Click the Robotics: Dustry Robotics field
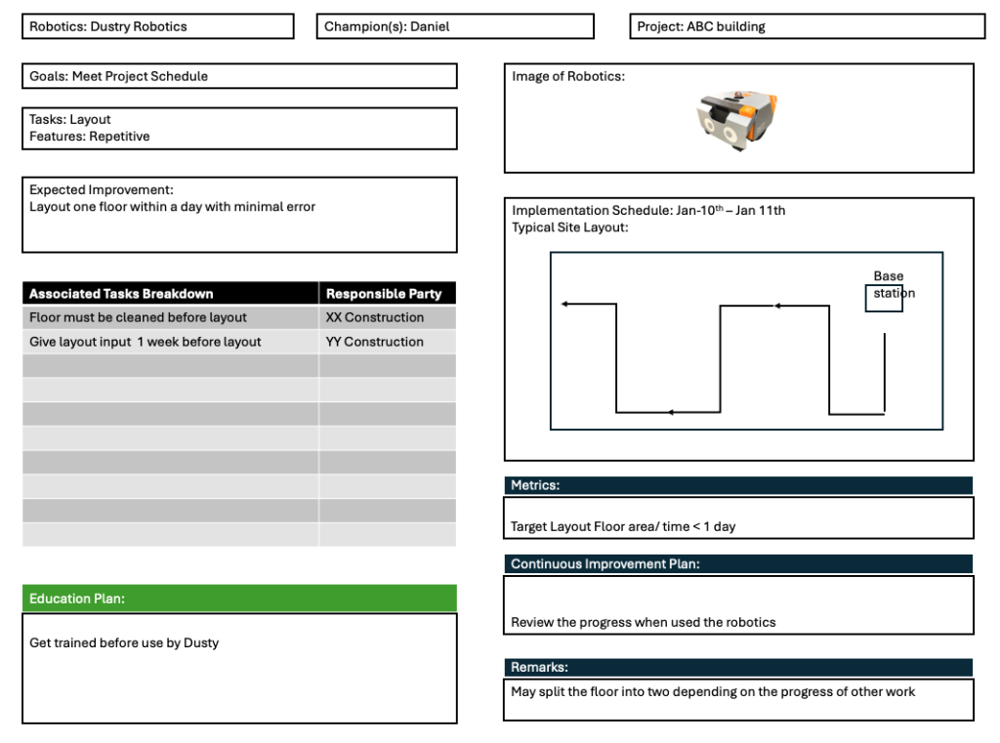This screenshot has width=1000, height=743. point(157,26)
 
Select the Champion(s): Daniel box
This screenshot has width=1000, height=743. point(455,26)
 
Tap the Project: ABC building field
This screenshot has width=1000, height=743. point(807,26)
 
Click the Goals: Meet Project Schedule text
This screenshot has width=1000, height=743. point(119,76)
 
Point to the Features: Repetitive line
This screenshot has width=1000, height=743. point(90,137)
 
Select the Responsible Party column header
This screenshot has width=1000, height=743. point(385,293)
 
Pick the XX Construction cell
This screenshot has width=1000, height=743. point(375,317)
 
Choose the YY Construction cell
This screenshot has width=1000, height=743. point(375,342)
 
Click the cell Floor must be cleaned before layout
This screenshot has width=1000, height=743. point(138,317)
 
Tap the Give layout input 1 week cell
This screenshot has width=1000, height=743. point(146,342)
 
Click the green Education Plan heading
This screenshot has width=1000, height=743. point(239,599)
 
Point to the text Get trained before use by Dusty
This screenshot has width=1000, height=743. point(124,642)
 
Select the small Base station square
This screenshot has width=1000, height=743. point(884,298)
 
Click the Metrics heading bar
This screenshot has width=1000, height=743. point(738,485)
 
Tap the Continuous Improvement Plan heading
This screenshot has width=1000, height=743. point(738,563)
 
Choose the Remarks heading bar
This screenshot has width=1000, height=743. point(738,667)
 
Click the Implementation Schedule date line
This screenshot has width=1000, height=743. point(648,210)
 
